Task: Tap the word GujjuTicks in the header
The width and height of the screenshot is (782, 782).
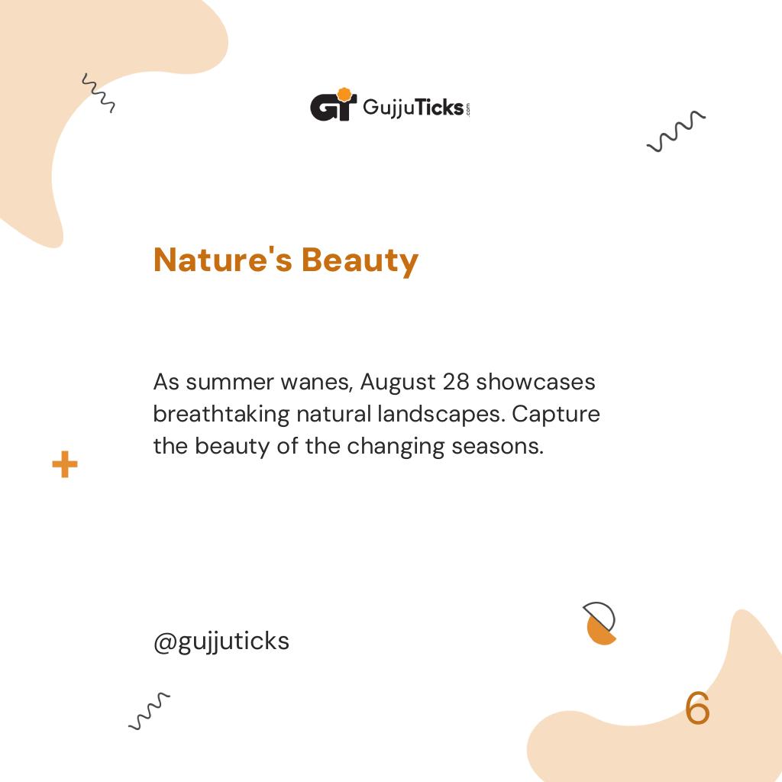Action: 412,108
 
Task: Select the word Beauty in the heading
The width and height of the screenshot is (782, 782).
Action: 360,260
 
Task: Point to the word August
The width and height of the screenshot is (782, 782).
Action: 397,381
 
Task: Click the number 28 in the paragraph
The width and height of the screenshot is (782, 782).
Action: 456,381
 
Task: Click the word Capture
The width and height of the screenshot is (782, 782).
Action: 556,414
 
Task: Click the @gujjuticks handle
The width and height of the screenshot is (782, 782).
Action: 221,641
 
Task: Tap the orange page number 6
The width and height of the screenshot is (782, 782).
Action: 697,709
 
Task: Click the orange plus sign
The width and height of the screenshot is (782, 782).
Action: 65,464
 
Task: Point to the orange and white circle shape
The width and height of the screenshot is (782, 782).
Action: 600,623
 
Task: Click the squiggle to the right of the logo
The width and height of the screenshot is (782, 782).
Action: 676,131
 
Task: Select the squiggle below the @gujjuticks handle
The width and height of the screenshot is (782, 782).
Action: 149,711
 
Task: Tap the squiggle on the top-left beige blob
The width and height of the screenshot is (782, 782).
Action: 98,93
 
